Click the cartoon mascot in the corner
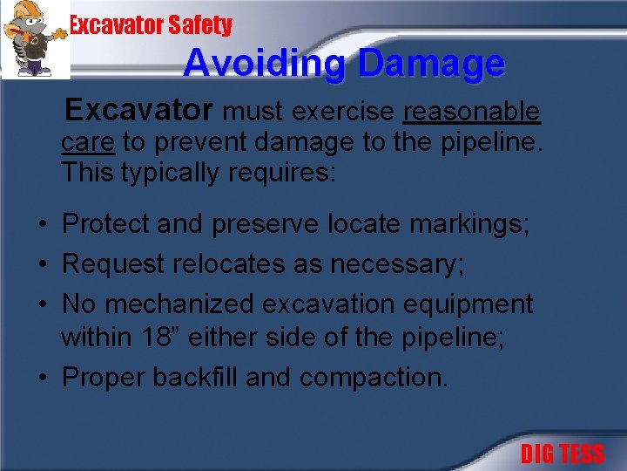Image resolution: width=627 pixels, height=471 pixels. pos(35,39)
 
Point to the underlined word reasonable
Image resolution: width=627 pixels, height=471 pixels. pos(472,113)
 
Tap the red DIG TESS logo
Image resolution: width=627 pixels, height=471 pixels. pos(562,454)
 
